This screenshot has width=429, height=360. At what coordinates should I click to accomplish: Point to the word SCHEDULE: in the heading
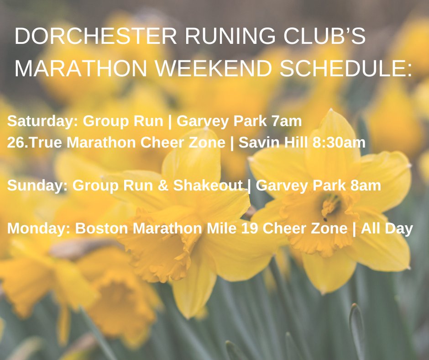pos(345,68)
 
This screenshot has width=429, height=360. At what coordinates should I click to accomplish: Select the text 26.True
pos(34,143)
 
